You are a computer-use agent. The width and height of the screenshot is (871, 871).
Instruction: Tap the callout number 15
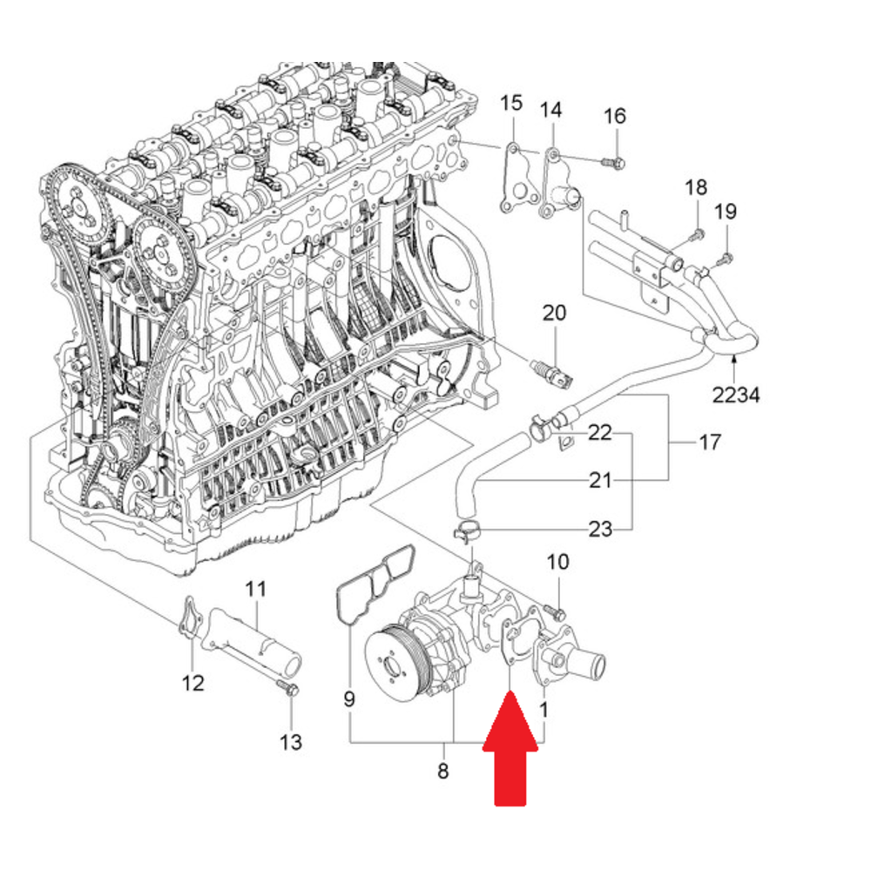click(511, 104)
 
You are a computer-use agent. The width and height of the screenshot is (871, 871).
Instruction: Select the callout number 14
click(551, 110)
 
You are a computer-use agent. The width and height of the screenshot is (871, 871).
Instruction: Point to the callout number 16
click(614, 116)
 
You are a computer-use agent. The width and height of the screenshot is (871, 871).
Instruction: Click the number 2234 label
click(736, 395)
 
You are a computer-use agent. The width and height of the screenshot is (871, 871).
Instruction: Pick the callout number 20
click(554, 314)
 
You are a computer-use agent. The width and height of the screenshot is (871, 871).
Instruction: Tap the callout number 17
click(709, 442)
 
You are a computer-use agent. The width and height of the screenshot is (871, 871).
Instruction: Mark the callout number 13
click(291, 742)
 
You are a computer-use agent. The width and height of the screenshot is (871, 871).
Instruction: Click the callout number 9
click(349, 699)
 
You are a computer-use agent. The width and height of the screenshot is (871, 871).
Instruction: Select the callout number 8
click(442, 771)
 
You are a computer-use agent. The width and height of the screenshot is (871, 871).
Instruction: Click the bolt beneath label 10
click(556, 611)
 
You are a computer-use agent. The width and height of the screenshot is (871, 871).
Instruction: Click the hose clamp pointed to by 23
click(465, 531)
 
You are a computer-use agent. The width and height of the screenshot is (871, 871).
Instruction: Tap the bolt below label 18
click(697, 235)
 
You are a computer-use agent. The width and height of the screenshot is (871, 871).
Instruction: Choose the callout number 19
click(726, 212)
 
